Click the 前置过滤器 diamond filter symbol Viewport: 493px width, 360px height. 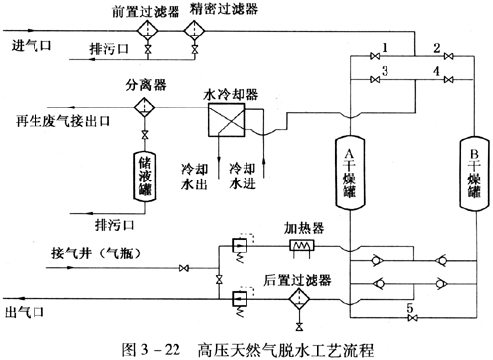(x=148, y=31)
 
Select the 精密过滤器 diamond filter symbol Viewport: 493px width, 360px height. (x=194, y=31)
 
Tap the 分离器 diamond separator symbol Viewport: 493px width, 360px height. (x=144, y=108)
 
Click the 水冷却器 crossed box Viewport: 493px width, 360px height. (x=226, y=119)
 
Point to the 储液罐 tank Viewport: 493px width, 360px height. (x=144, y=176)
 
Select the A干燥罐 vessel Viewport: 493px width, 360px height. (x=350, y=173)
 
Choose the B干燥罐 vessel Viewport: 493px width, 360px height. (x=474, y=174)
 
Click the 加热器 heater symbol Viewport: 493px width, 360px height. (x=302, y=246)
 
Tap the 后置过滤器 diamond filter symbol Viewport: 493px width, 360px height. (x=299, y=299)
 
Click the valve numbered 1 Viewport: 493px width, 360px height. (x=375, y=56)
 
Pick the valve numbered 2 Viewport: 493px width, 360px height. (x=448, y=56)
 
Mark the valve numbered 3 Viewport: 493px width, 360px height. (x=375, y=80)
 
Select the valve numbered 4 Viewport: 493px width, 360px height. (x=448, y=80)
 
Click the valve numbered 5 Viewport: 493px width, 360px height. (x=412, y=318)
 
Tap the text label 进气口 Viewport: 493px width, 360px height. (x=32, y=45)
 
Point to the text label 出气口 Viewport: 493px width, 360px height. (x=25, y=311)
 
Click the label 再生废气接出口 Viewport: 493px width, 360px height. (x=63, y=121)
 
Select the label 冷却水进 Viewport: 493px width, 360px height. (x=243, y=176)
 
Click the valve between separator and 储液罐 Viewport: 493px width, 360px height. (x=144, y=135)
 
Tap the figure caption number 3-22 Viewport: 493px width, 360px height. (x=161, y=350)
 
